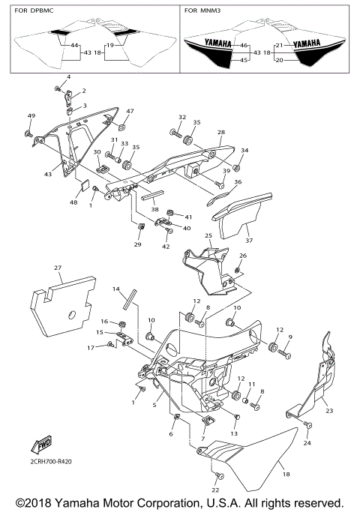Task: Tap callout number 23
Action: (328, 410)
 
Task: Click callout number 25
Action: (208, 236)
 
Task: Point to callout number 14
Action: (116, 288)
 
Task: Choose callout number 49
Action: (31, 115)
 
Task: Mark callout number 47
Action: (130, 111)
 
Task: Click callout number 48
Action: (74, 202)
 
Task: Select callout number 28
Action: (221, 132)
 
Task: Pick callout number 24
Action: (306, 443)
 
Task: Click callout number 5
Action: (154, 404)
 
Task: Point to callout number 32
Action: (181, 117)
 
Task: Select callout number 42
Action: (166, 246)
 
